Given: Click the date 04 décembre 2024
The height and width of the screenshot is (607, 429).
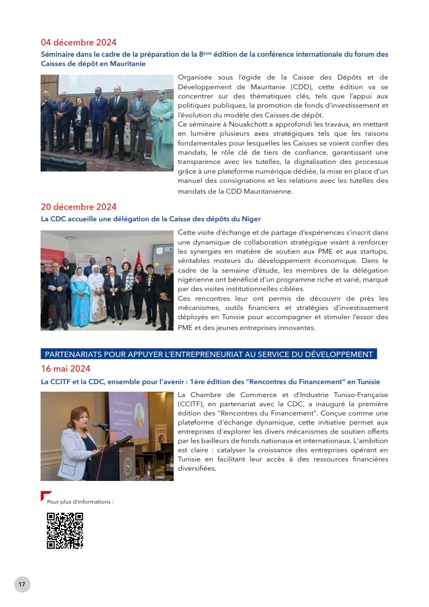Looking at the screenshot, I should tap(78, 42).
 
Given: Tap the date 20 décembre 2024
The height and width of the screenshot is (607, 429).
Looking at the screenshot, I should tap(78, 207).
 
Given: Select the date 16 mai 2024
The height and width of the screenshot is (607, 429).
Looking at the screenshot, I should tap(65, 368).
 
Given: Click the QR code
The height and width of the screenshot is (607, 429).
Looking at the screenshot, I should tap(65, 531).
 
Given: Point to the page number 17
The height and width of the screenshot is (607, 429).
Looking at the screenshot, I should tap(22, 584).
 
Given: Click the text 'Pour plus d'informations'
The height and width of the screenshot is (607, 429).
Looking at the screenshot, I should tap(80, 502).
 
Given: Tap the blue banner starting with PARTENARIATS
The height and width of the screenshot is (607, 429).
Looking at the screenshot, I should tap(209, 354).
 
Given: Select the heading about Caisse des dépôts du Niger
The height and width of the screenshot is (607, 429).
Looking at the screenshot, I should tap(151, 219).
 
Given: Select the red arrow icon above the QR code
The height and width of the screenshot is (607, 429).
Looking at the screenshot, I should tap(46, 495).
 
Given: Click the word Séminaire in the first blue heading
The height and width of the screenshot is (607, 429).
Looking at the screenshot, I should tap(58, 55).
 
